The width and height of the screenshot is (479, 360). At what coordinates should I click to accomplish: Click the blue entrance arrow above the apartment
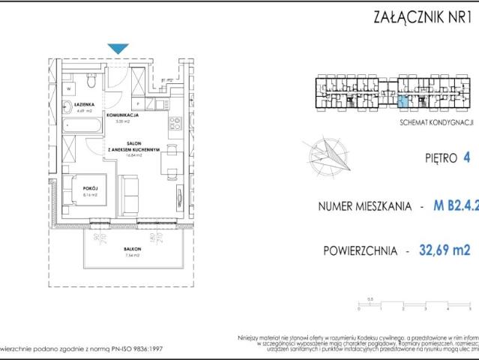(x=118, y=49)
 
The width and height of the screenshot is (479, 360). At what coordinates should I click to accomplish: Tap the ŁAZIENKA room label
(x=83, y=105)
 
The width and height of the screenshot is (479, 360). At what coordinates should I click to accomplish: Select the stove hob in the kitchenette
(x=175, y=124)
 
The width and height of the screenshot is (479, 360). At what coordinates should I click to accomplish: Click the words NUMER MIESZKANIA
(x=367, y=205)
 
